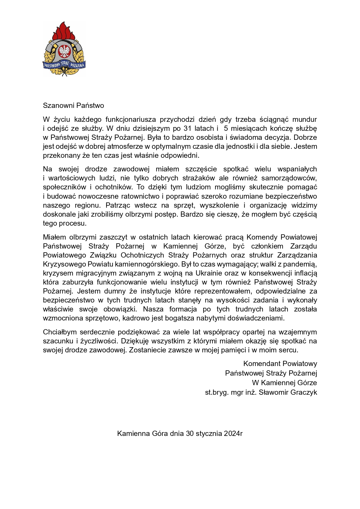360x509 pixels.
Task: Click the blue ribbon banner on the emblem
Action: (x=64, y=65)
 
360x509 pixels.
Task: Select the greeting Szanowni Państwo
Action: (x=73, y=106)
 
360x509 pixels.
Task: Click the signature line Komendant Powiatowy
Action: (x=280, y=364)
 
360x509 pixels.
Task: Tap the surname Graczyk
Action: (x=304, y=392)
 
